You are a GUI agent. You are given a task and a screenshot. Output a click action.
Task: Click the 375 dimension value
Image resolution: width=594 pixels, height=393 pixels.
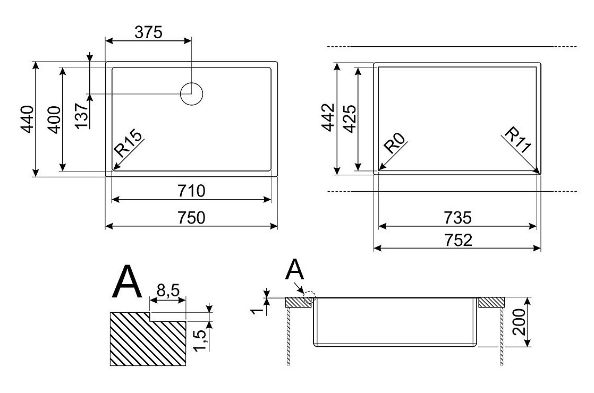[x=148, y=32]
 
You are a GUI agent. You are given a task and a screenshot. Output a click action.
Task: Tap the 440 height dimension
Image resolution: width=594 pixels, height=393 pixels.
[x=27, y=119]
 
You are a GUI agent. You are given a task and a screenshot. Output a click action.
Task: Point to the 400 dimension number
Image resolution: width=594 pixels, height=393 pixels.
[x=54, y=119]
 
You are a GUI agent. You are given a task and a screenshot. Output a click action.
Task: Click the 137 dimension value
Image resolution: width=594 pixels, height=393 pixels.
[x=82, y=115]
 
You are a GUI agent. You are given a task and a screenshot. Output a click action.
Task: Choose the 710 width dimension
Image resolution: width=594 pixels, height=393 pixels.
[x=191, y=191]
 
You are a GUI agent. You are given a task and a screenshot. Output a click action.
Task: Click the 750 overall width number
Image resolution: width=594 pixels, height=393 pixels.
[x=191, y=218]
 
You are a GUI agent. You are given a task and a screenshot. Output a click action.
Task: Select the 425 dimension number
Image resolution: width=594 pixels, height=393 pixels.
[x=349, y=118]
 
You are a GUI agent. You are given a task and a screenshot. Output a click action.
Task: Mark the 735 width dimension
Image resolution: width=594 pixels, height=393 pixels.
[x=457, y=218]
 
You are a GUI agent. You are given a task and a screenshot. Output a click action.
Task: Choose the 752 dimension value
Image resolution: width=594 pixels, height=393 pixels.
[x=457, y=240]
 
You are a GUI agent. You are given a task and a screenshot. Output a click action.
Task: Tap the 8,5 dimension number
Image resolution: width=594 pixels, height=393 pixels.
[x=168, y=291]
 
